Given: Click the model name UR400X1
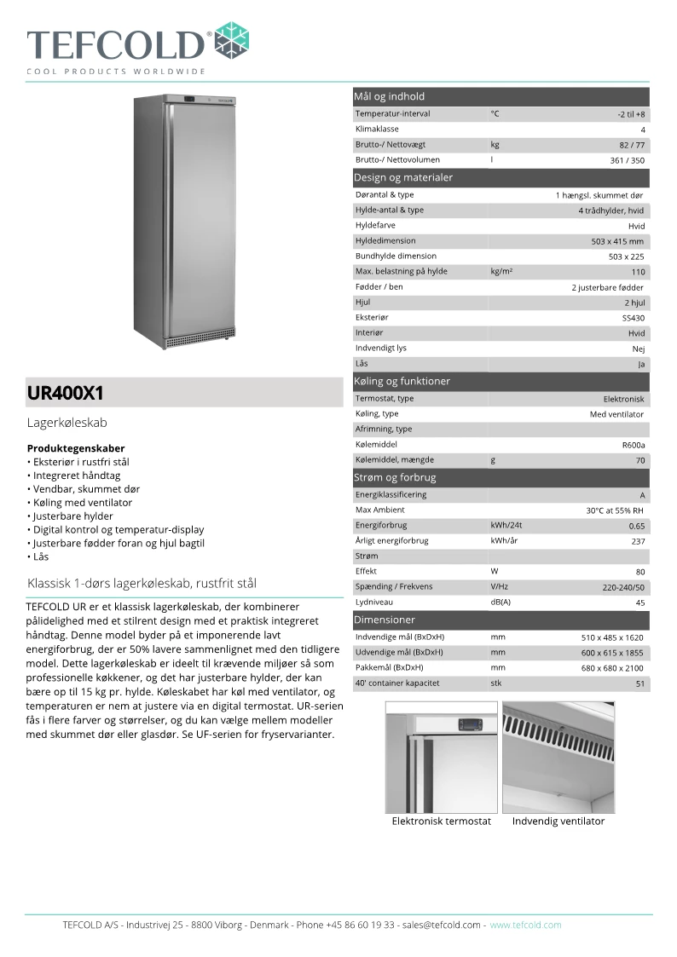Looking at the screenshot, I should pyautogui.click(x=66, y=394).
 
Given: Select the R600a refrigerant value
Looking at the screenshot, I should pyautogui.click(x=633, y=445).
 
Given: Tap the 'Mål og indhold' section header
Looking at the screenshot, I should pyautogui.click(x=390, y=96).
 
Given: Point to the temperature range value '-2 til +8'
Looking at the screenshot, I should pyautogui.click(x=631, y=114).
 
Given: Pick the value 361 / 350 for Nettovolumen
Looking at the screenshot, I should pyautogui.click(x=627, y=160).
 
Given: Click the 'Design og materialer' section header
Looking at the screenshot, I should pyautogui.click(x=403, y=177).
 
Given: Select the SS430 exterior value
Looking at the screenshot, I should pyautogui.click(x=633, y=318).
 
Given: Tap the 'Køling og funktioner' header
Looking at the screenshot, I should pyautogui.click(x=402, y=381).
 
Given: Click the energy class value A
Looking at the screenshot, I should pyautogui.click(x=642, y=495).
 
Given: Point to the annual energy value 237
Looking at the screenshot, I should pyautogui.click(x=637, y=541).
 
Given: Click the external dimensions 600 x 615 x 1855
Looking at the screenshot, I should pyautogui.click(x=611, y=653).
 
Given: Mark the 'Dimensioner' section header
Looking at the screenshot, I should pyautogui.click(x=385, y=620).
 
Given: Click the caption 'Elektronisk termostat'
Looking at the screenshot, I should pyautogui.click(x=441, y=822).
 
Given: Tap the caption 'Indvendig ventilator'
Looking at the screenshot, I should pyautogui.click(x=558, y=822).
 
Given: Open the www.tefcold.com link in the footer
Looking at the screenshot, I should pyautogui.click(x=525, y=925).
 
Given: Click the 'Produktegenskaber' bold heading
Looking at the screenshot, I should pyautogui.click(x=76, y=448).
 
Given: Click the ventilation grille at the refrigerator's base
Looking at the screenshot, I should pyautogui.click(x=199, y=340).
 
